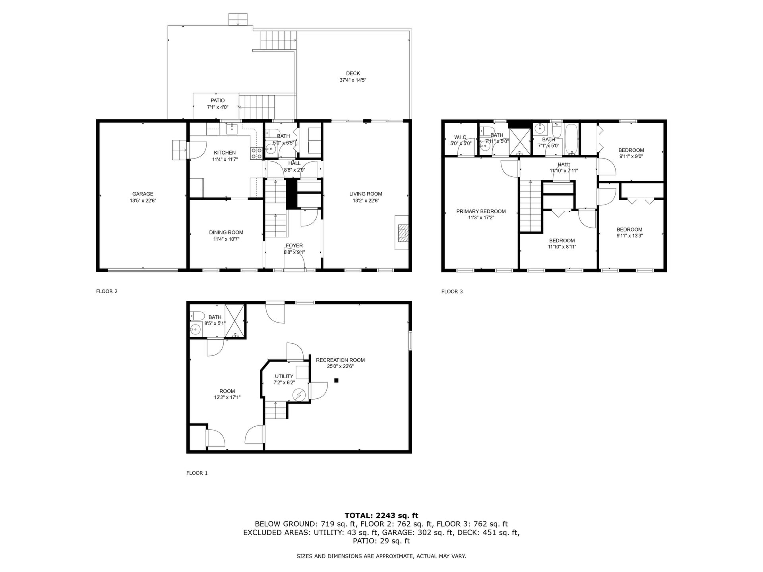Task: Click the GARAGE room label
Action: pyautogui.click(x=143, y=194)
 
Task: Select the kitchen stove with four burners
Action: pyautogui.click(x=256, y=153)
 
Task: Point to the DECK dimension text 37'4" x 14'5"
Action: pyautogui.click(x=353, y=80)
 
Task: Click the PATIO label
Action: pyautogui.click(x=218, y=101)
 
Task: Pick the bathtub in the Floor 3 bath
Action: pyautogui.click(x=571, y=139)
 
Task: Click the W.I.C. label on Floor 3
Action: pyautogui.click(x=461, y=137)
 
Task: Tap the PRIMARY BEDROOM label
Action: pyautogui.click(x=481, y=212)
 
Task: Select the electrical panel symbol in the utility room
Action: pyautogui.click(x=298, y=395)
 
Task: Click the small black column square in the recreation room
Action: pyautogui.click(x=336, y=381)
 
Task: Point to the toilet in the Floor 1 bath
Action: pyautogui.click(x=198, y=316)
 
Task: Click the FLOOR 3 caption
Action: pyautogui.click(x=452, y=292)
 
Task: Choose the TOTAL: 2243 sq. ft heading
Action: pyautogui.click(x=381, y=516)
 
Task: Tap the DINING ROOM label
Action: pyautogui.click(x=226, y=233)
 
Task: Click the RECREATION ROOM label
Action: pyautogui.click(x=340, y=360)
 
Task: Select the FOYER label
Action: pyautogui.click(x=294, y=246)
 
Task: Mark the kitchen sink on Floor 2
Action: pyautogui.click(x=232, y=128)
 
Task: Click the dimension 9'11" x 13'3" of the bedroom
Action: pyautogui.click(x=629, y=236)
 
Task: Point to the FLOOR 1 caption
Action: pyautogui.click(x=197, y=473)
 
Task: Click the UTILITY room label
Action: pyautogui.click(x=284, y=377)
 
